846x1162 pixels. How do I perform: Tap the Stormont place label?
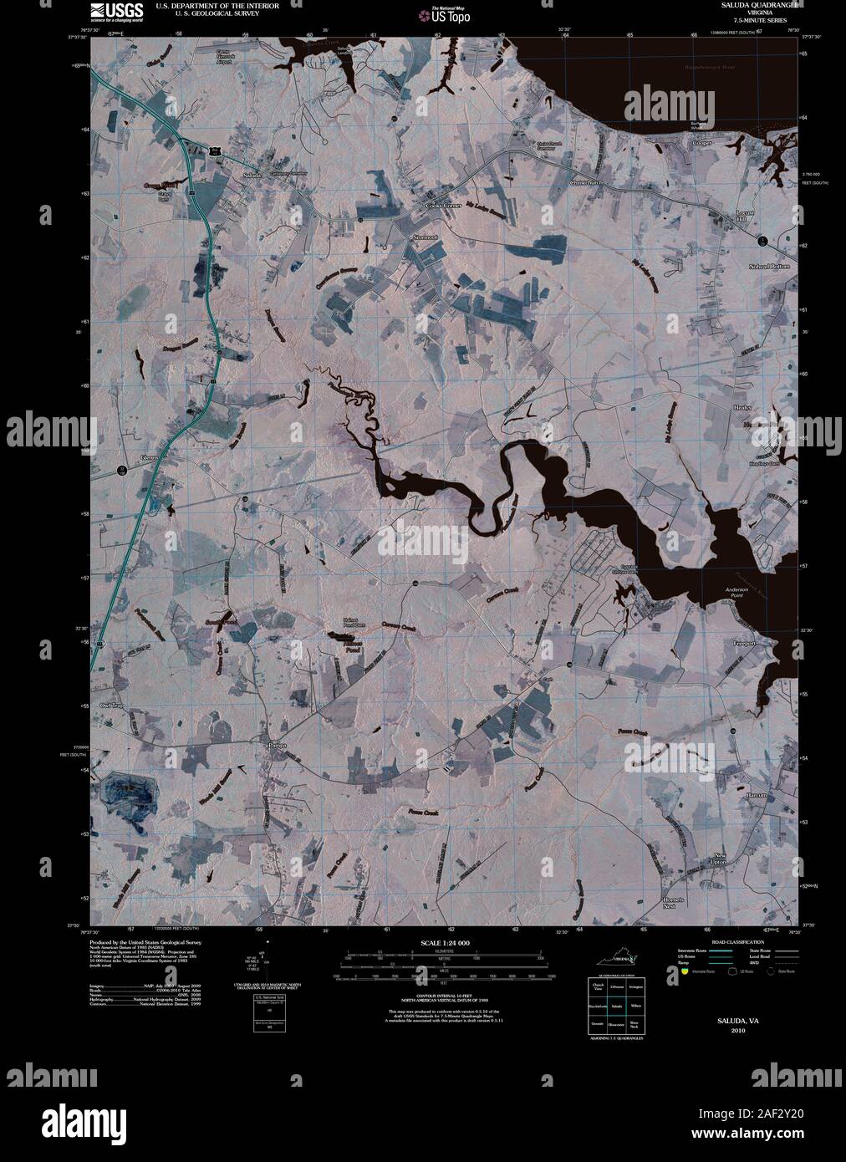[x=425, y=237]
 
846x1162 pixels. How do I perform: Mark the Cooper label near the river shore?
[x=701, y=143]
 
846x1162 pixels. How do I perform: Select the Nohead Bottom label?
[x=768, y=266]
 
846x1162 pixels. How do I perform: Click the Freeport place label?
[x=743, y=644]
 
